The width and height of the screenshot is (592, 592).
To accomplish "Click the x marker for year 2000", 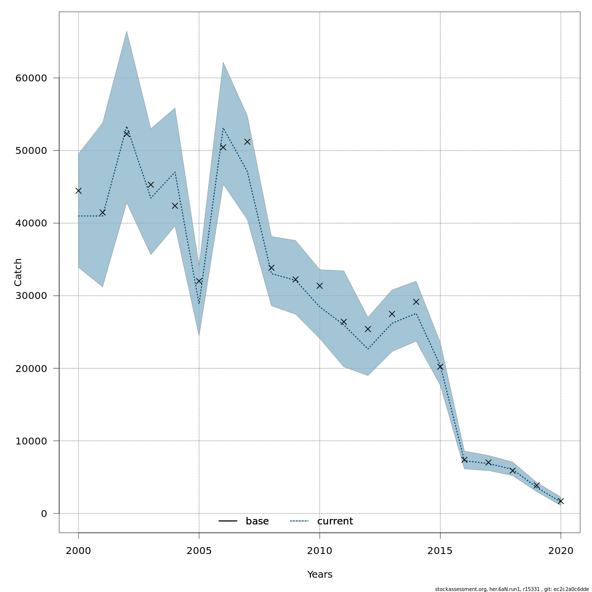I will [78, 190].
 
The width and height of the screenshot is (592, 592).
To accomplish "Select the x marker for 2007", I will [247, 142].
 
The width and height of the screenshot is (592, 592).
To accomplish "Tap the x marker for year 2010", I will [320, 286].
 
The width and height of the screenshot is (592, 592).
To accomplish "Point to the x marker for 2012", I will [368, 329].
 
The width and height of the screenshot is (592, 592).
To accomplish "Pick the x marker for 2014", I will [416, 302].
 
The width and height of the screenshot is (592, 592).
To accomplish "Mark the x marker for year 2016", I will [464, 460].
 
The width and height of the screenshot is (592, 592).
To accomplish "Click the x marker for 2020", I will [560, 501].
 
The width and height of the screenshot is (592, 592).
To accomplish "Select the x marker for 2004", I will [175, 206].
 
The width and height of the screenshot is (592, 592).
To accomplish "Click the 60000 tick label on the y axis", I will [31, 78].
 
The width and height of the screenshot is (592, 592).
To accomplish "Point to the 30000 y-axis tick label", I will [31, 296].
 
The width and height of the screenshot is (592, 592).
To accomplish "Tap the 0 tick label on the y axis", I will [44, 514].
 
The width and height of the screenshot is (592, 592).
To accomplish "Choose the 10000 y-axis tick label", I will [31, 441].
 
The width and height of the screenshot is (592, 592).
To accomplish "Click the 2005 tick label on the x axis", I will [199, 551].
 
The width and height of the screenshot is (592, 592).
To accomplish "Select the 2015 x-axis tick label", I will [440, 551].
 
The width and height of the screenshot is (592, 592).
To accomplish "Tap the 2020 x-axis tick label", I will [560, 551].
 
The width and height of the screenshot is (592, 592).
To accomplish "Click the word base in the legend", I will [257, 521].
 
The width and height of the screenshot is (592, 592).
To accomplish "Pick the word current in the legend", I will [335, 521].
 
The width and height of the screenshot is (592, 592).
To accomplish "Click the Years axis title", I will [320, 575].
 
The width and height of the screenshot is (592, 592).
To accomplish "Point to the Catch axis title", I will [18, 272].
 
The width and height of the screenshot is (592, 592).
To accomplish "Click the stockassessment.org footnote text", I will [512, 589].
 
